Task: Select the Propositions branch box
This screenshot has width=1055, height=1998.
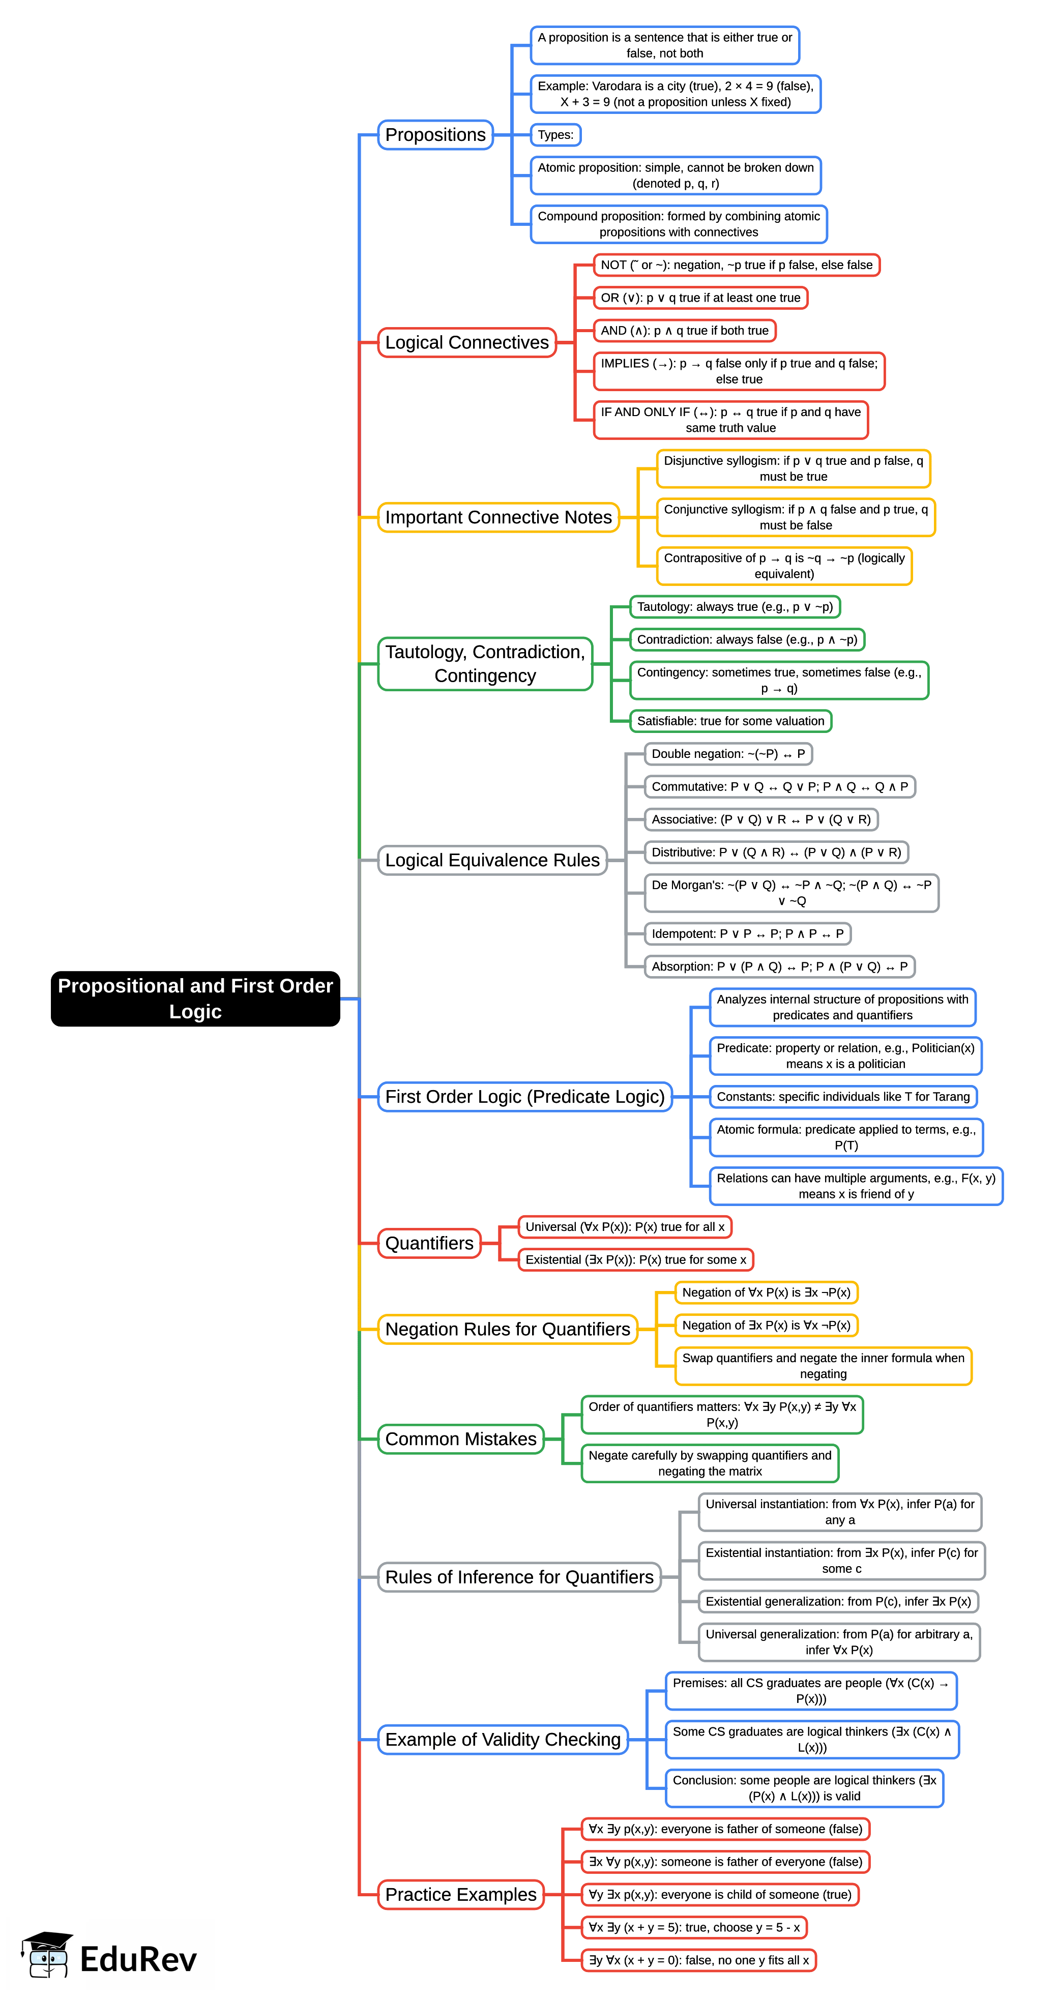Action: pos(435,135)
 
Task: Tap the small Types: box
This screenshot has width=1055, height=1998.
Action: pos(555,135)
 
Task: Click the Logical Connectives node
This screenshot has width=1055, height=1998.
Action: pos(466,342)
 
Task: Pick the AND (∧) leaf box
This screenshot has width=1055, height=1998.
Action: pos(684,331)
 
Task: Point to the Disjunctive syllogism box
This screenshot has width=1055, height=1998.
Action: pos(793,468)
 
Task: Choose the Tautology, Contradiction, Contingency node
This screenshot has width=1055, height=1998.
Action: pos(485,663)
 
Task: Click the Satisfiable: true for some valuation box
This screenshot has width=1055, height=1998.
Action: pos(730,721)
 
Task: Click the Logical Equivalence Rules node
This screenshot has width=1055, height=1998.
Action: pos(492,860)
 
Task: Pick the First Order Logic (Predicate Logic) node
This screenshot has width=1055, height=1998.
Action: pos(524,1097)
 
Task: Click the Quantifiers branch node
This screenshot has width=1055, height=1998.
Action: pos(429,1243)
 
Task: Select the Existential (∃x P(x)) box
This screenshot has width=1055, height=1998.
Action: pos(635,1259)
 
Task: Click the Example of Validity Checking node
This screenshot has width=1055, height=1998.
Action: pos(503,1739)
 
